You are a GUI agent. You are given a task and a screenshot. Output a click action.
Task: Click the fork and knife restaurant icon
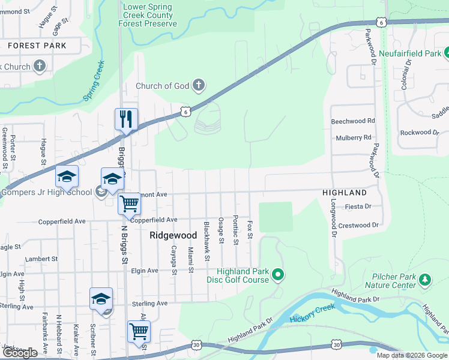pyautogui.click(x=126, y=119)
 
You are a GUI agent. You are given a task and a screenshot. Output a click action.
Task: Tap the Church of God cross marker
pyautogui.click(x=199, y=86)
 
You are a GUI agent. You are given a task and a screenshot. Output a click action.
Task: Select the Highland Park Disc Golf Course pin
pyautogui.click(x=277, y=275)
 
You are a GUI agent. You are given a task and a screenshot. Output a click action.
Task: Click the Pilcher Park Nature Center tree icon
pyautogui.click(x=425, y=279)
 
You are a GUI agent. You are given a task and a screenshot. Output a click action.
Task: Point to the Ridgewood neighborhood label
pyautogui.click(x=173, y=236)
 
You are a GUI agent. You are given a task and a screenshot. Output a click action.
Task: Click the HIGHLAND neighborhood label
pyautogui.click(x=345, y=193)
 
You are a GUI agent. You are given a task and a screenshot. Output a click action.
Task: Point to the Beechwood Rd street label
pyautogui.click(x=353, y=121)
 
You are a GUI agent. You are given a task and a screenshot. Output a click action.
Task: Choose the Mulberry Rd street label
pyautogui.click(x=354, y=137)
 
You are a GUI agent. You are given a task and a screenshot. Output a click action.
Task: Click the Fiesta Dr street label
pyautogui.click(x=359, y=206)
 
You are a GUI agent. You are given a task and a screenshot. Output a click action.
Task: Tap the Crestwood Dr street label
pyautogui.click(x=359, y=226)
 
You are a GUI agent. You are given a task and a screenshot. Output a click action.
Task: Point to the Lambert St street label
pyautogui.click(x=41, y=259)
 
